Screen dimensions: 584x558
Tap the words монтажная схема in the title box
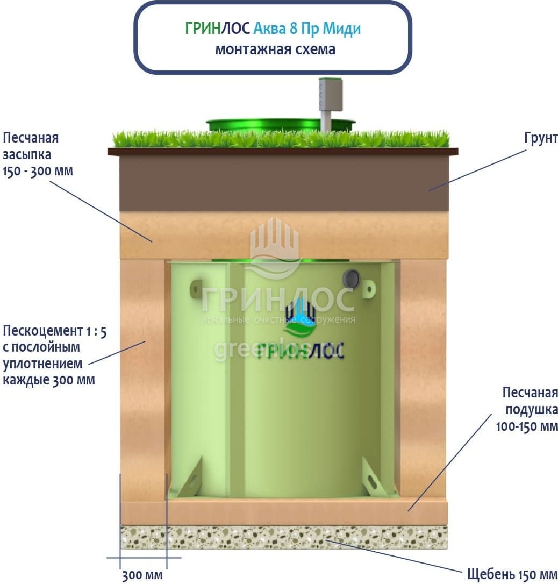tap(275, 49)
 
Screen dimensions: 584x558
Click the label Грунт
tap(541, 138)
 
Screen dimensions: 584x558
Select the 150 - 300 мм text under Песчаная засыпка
tap(38, 172)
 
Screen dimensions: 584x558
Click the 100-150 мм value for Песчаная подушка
tap(527, 427)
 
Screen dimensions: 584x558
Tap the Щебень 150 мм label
tap(512, 574)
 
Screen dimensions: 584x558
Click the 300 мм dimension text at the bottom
tap(142, 575)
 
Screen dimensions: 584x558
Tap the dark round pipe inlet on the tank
tap(351, 278)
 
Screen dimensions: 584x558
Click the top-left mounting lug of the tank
tap(196, 289)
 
